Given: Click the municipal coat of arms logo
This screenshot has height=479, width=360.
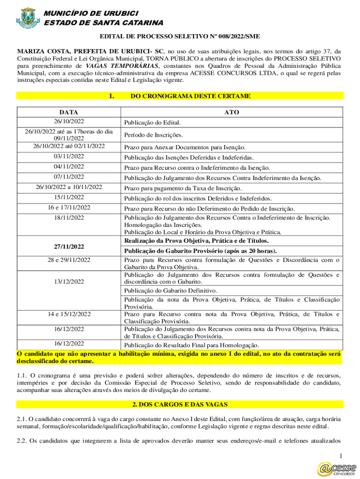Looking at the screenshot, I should coord(28,17).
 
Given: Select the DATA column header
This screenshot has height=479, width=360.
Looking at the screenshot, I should coord(69,112).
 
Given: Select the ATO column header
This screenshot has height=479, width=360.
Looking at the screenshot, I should coord(231,112).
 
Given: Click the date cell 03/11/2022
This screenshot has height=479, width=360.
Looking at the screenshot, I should coord(69,156).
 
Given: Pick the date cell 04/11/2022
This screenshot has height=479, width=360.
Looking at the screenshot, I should coord(69,167).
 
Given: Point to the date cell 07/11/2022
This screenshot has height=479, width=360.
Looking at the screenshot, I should coord(69,177).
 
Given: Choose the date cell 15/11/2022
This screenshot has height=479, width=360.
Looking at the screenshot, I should coord(69,197).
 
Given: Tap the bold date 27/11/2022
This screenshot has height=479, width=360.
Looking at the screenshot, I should coord(69,246).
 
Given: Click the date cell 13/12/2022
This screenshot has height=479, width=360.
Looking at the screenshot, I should coord(69,282).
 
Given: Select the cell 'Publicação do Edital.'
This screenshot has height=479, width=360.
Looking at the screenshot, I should coord(152,123).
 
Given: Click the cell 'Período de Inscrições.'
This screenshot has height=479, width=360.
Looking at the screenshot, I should coord(153,135).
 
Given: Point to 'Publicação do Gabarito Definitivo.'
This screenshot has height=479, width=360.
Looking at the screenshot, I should coord(172,290).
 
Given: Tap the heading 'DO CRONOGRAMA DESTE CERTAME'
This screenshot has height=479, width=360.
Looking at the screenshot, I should coord(190,96).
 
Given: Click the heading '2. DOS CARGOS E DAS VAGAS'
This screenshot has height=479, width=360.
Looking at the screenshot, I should coord(180,404).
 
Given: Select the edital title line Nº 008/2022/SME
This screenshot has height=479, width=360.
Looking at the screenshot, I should coord(180,36).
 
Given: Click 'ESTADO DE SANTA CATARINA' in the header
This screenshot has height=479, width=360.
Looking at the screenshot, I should coord(103,22).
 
